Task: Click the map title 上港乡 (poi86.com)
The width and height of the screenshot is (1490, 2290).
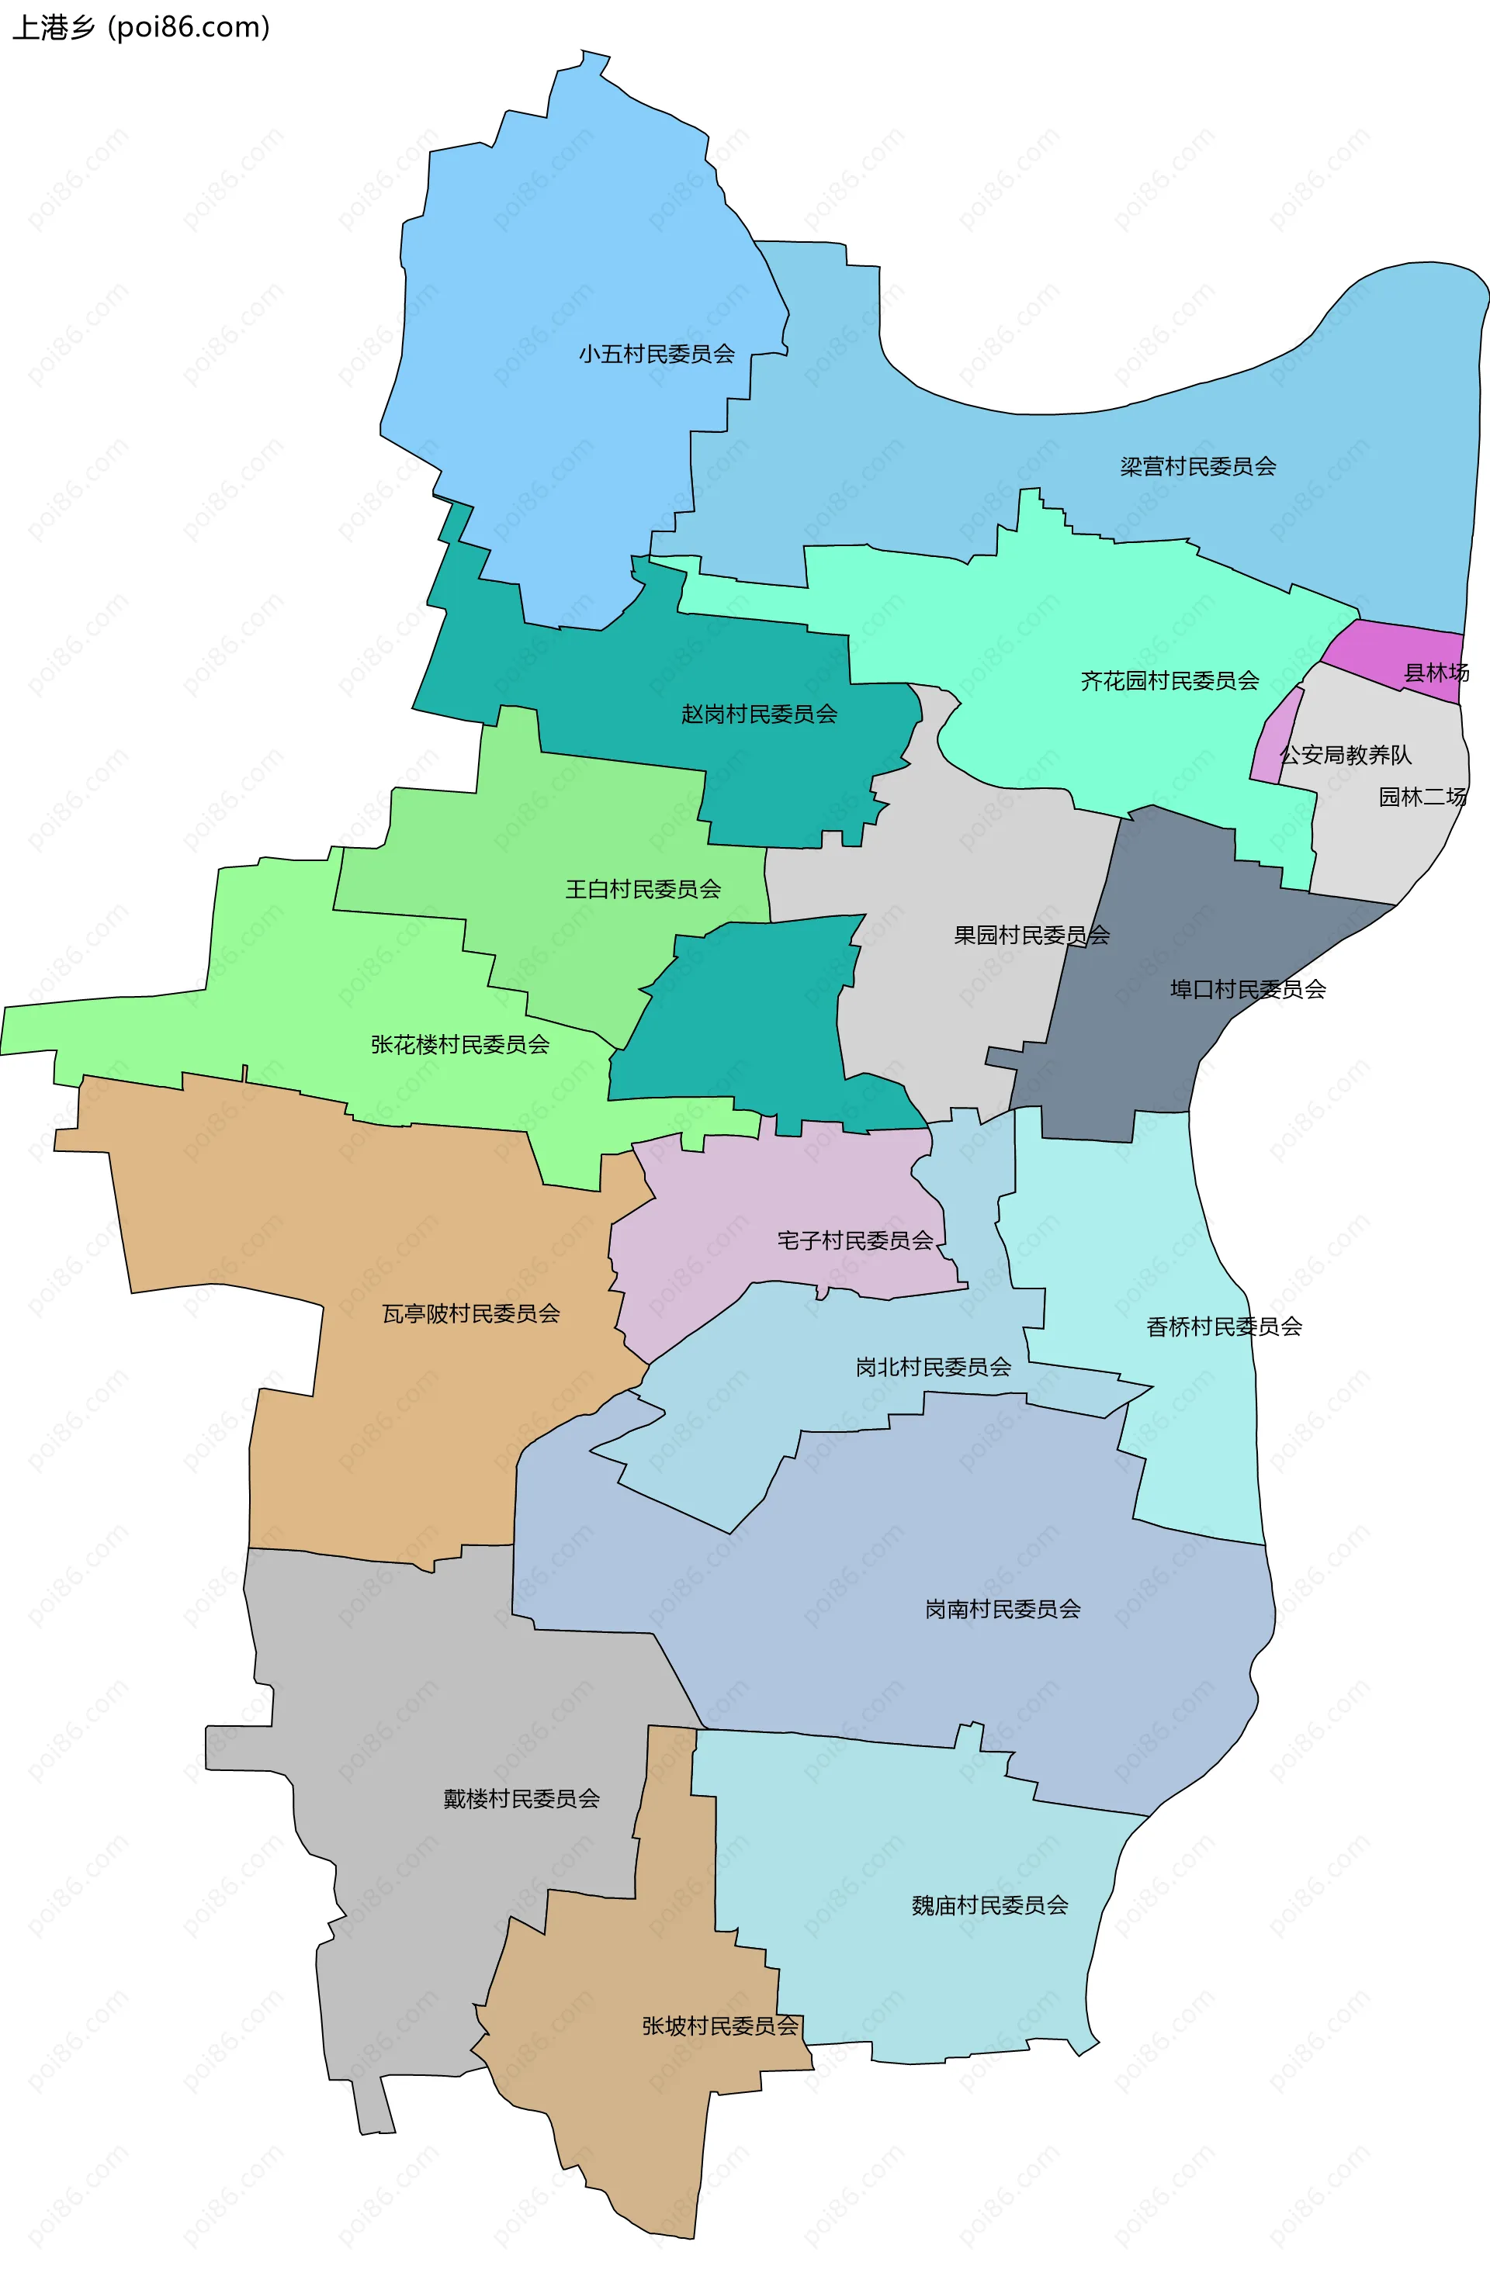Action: tap(140, 27)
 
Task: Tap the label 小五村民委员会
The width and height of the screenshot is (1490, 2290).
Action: tap(657, 354)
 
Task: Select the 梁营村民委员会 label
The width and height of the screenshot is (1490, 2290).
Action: tap(1197, 467)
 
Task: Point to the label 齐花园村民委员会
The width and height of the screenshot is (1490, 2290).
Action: tap(1169, 681)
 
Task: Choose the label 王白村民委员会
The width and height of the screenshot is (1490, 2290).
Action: tap(643, 889)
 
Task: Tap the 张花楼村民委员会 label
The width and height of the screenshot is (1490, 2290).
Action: tap(460, 1044)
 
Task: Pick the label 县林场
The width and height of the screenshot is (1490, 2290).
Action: tap(1436, 673)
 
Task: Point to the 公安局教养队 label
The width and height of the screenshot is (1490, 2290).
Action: tap(1345, 756)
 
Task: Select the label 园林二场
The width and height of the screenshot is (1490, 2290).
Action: tap(1422, 797)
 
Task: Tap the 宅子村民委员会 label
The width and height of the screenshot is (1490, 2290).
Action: tap(854, 1240)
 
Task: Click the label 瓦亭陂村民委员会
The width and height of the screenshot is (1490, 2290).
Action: tap(471, 1313)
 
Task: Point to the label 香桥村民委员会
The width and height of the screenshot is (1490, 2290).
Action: tap(1225, 1327)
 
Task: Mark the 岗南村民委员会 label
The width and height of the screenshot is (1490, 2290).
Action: tap(1002, 1609)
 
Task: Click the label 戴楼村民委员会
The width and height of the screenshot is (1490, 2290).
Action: tap(521, 1798)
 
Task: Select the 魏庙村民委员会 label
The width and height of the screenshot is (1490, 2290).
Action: tap(989, 1905)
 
